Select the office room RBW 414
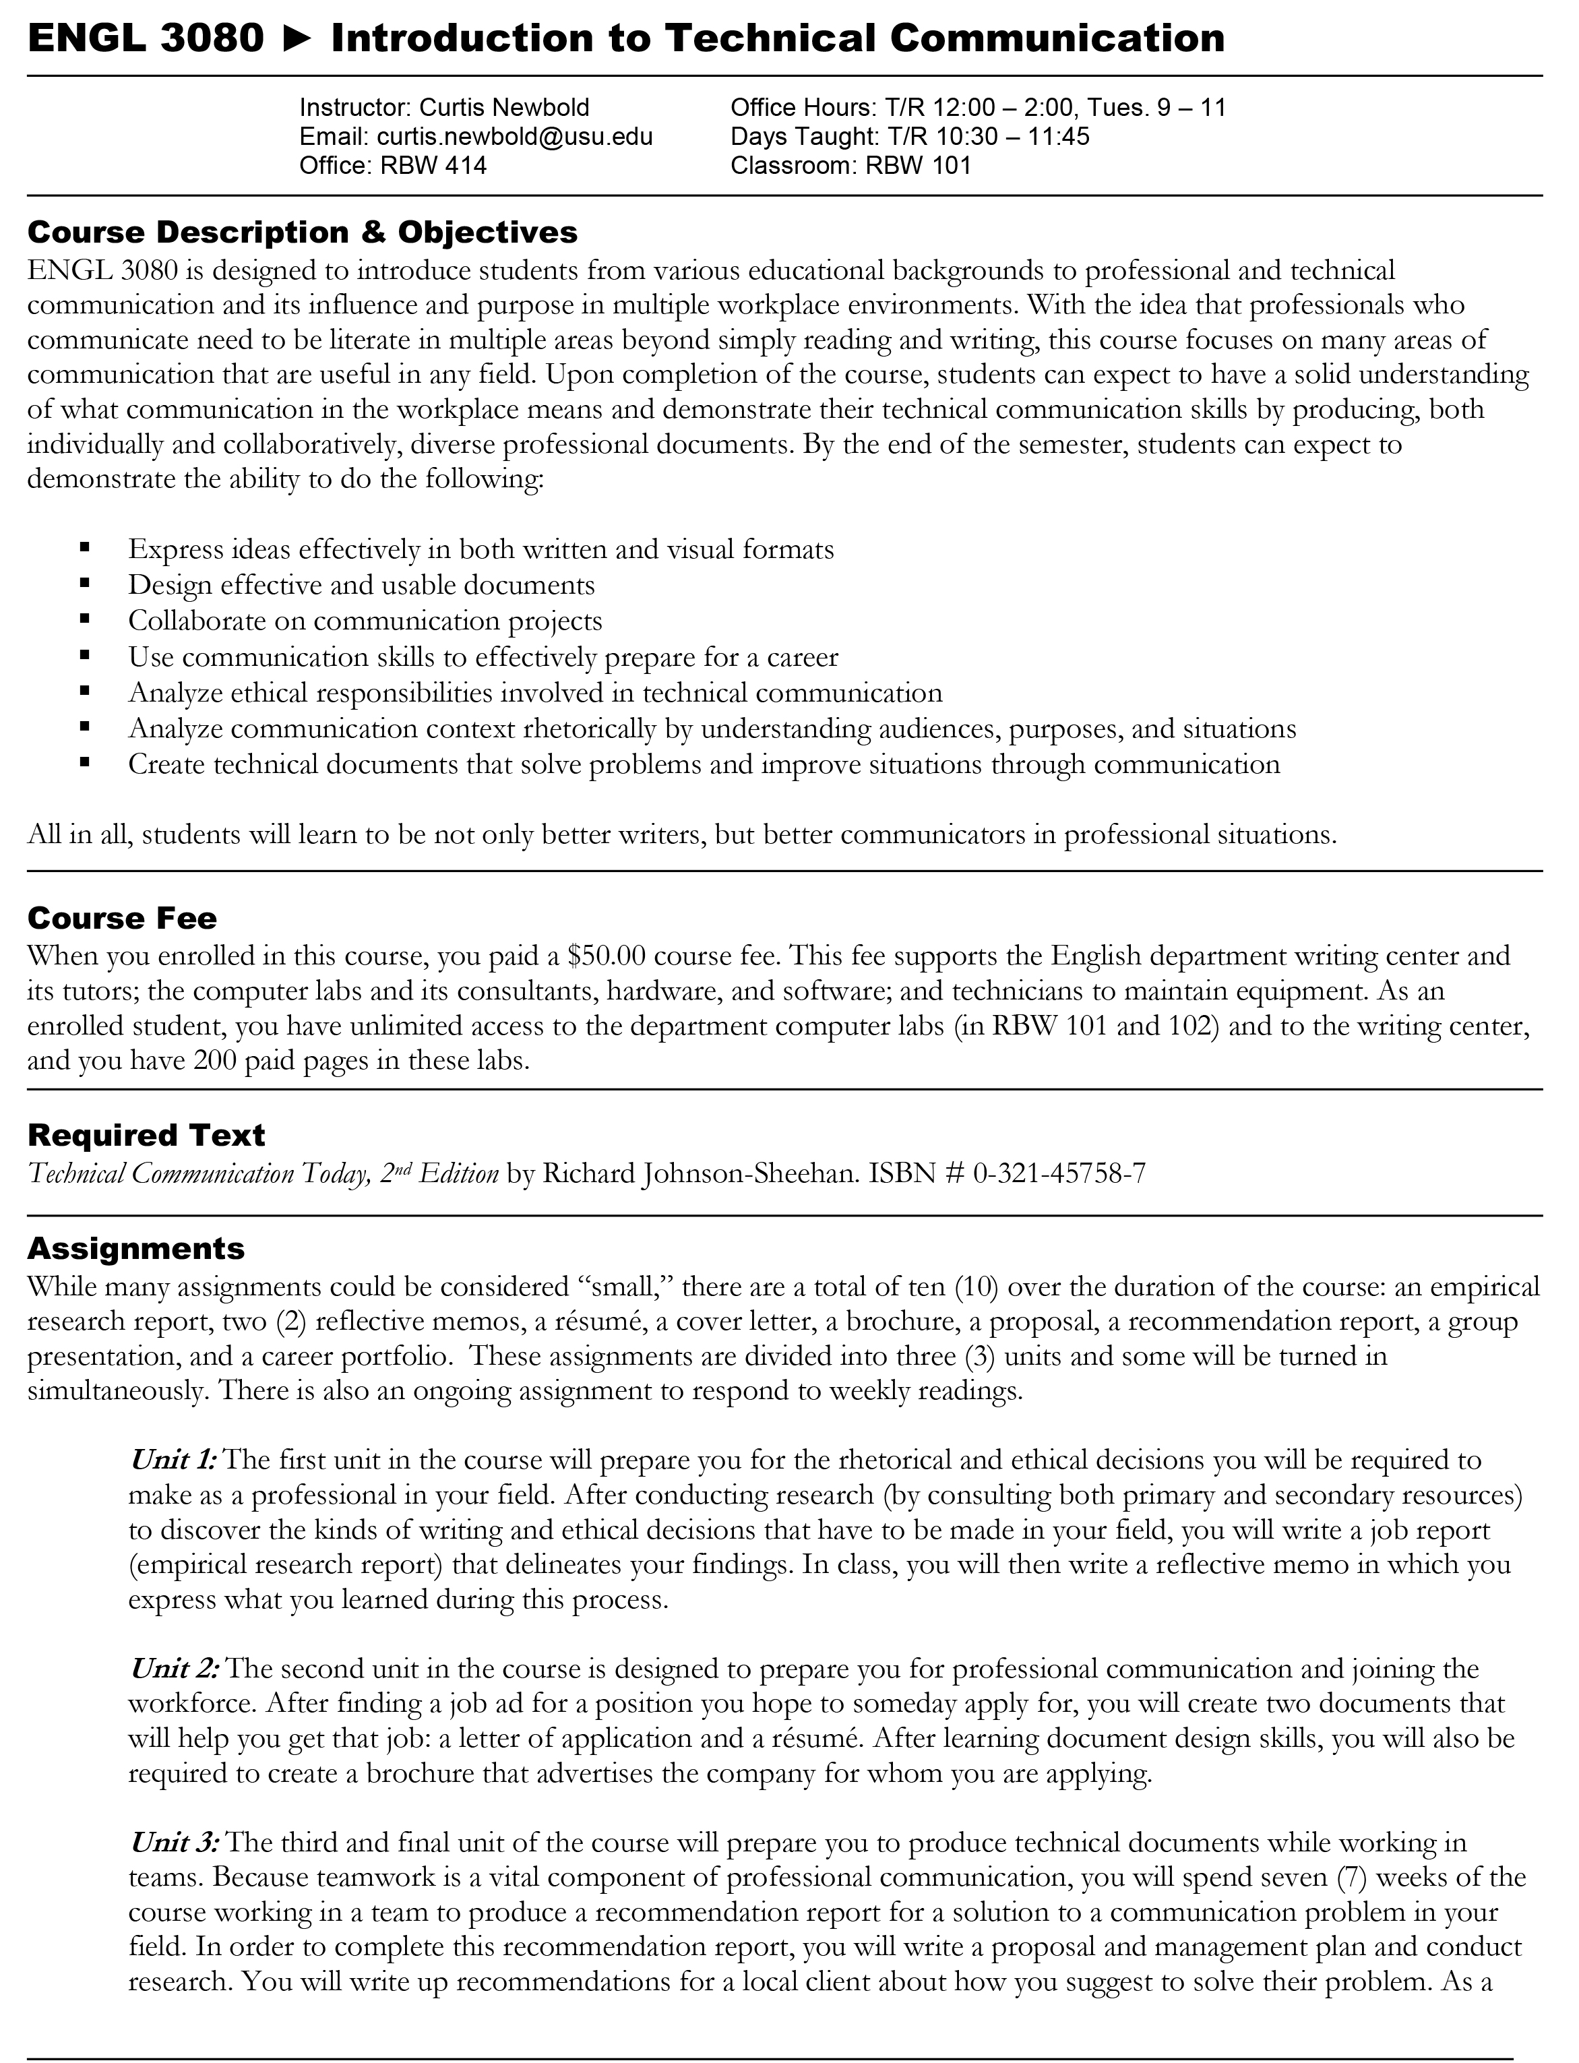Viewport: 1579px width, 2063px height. click(433, 166)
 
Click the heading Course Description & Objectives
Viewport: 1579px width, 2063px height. click(303, 231)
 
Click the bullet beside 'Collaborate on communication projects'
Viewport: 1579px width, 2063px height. click(86, 619)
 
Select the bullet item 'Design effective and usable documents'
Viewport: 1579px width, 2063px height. click(361, 586)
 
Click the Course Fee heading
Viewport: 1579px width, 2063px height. click(122, 918)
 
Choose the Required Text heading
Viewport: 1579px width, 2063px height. click(147, 1136)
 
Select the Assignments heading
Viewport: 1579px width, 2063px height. click(136, 1248)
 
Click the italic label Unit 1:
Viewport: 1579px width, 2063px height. click(174, 1460)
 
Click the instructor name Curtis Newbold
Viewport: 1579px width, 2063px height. click(505, 108)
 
